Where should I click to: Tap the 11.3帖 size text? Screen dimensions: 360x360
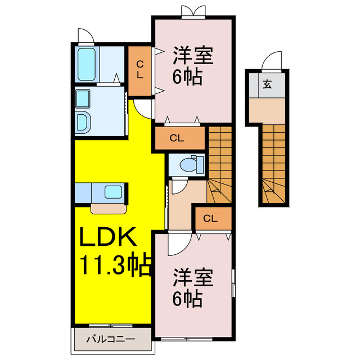pyautogui.click(x=116, y=264)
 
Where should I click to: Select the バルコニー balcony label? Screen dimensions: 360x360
pyautogui.click(x=111, y=339)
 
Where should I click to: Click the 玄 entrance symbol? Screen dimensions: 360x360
pyautogui.click(x=268, y=85)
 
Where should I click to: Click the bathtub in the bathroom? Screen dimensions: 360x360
pyautogui.click(x=86, y=65)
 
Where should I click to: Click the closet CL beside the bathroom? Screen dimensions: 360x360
pyautogui.click(x=139, y=70)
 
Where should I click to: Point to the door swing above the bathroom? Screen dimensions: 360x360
pyautogui.click(x=86, y=35)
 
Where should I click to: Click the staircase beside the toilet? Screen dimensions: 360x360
pyautogui.click(x=220, y=163)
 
